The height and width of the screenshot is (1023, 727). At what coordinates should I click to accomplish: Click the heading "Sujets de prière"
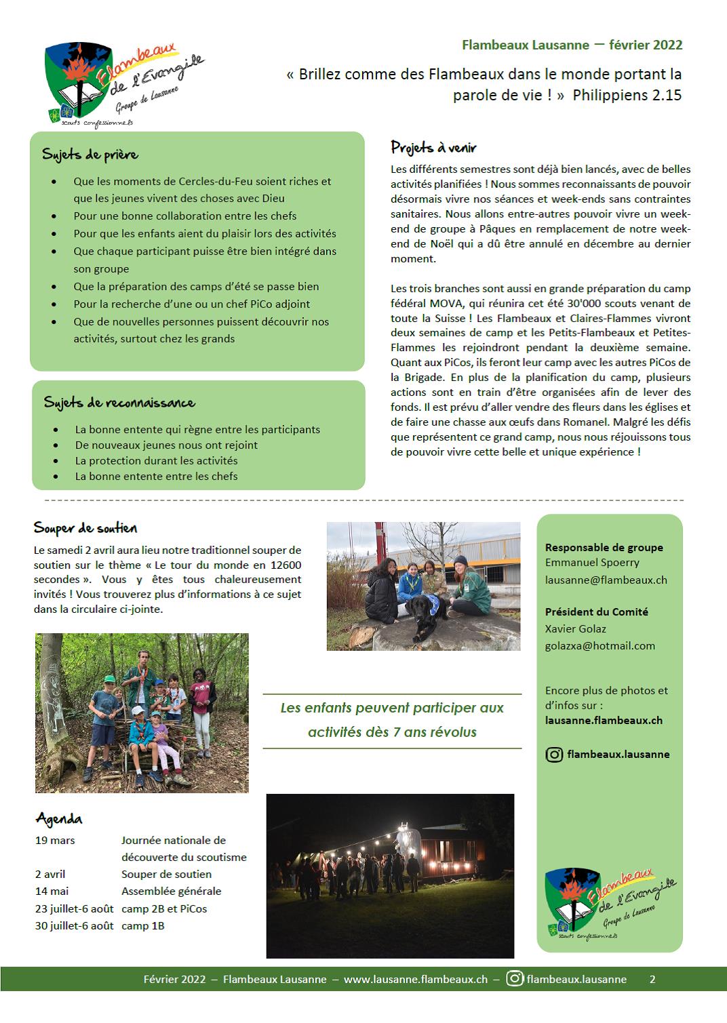90,155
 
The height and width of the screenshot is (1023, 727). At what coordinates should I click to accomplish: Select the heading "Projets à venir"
433,147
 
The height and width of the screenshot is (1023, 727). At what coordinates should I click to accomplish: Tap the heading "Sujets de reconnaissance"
119,403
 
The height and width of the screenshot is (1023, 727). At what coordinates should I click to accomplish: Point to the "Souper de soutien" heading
85,528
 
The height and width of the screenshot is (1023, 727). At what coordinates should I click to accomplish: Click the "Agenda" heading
59,818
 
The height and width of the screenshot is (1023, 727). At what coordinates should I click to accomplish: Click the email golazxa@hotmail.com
600,645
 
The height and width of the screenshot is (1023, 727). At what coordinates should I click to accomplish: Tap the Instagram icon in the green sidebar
554,754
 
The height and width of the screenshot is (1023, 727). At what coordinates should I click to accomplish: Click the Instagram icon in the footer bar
515,978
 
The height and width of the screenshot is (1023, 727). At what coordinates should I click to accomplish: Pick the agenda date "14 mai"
52,891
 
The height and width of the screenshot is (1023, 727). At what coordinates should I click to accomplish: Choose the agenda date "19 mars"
55,840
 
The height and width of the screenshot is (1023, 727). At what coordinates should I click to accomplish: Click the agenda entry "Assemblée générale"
171,891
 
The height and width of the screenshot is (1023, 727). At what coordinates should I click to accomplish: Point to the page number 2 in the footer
652,979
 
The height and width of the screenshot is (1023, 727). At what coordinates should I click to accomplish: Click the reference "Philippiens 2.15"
627,95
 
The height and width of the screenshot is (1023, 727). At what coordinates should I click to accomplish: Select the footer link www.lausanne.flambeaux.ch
415,979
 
